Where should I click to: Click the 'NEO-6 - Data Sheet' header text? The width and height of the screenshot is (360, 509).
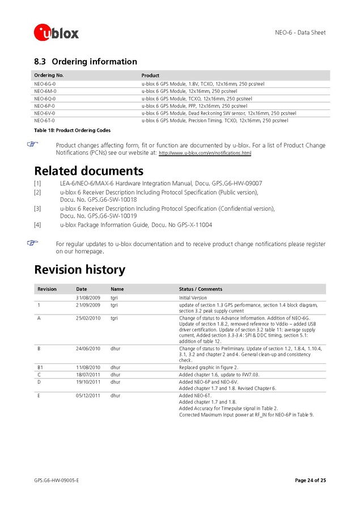297,32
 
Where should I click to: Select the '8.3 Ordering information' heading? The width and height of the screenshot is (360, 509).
86,61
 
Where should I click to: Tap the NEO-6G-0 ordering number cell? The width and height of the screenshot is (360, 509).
45,84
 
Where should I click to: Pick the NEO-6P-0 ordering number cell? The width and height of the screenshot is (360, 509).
45,106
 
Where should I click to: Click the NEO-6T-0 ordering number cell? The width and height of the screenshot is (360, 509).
45,121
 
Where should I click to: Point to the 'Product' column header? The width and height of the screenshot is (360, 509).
150,75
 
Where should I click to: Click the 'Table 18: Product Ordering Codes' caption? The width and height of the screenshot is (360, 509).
72,130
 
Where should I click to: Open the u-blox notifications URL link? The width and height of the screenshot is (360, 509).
205,153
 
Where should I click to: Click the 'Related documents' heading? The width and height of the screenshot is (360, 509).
88,171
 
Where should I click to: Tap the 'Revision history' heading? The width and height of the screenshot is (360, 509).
79,269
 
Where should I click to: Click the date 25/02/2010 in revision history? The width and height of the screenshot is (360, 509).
88,318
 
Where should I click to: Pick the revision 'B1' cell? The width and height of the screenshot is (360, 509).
40,367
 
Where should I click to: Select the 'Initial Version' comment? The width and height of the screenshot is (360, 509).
193,298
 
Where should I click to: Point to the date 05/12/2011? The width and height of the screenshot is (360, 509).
88,395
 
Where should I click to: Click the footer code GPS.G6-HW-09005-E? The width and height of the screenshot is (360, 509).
56,481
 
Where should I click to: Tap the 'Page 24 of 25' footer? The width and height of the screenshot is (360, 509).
310,481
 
